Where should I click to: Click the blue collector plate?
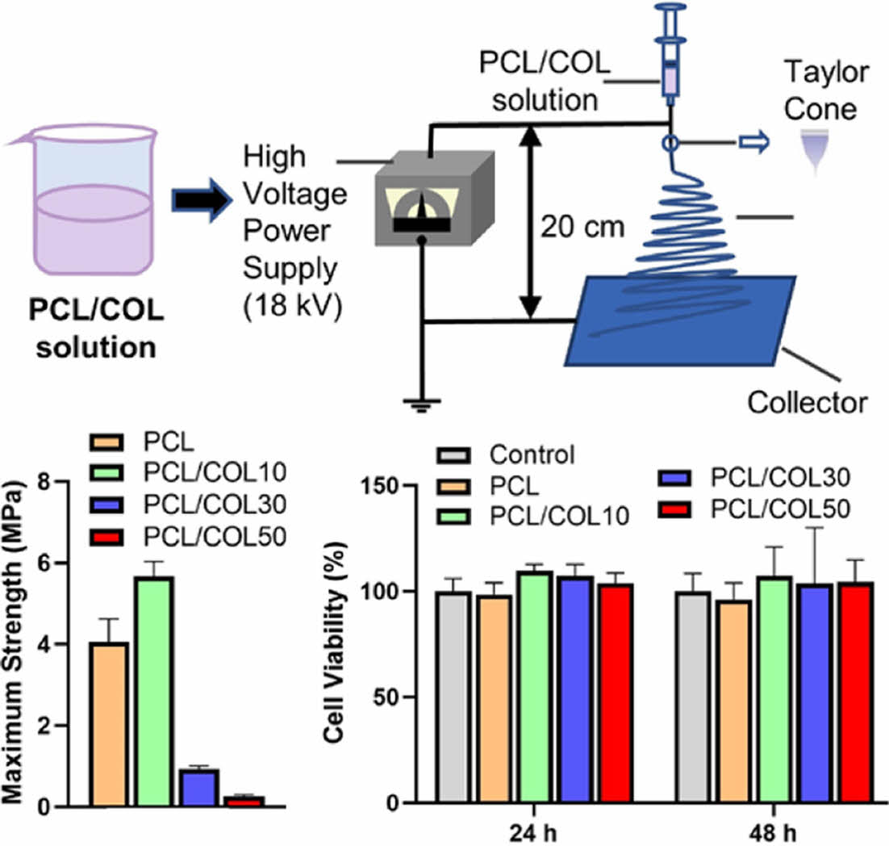point(680,320)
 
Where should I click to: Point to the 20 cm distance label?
point(582,227)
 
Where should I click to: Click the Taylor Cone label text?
point(825,90)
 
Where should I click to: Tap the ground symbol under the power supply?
point(421,405)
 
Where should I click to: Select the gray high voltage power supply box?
point(434,198)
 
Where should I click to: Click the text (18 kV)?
point(293,307)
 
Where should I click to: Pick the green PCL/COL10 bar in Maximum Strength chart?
point(156,691)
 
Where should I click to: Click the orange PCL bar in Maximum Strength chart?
point(110,724)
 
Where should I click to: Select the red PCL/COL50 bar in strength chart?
point(245,801)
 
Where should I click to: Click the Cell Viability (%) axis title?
point(335,642)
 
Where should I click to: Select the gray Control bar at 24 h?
point(453,697)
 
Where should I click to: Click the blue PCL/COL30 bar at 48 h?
point(816,693)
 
